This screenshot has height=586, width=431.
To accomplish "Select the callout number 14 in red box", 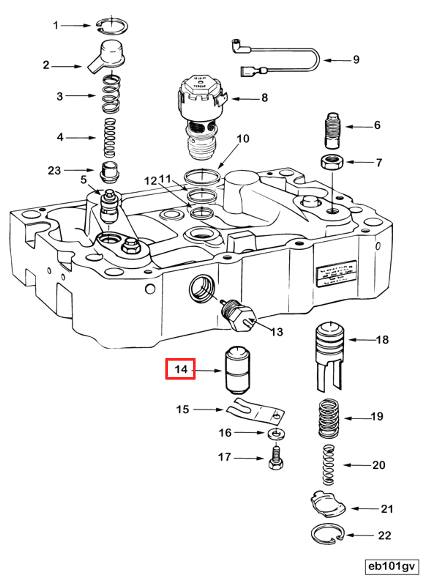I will coord(181,369).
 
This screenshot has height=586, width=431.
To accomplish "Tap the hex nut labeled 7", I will coord(332,163).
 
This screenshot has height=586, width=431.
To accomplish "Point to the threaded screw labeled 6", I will coord(332,131).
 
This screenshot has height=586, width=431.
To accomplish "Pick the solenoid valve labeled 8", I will coord(201,112).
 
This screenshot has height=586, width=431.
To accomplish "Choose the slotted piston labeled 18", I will coord(329,355).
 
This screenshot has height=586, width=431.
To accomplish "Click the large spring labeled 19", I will coord(329,418).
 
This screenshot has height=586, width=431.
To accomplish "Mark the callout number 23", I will coord(54,171).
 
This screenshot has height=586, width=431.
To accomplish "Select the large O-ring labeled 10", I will coord(201,177).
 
